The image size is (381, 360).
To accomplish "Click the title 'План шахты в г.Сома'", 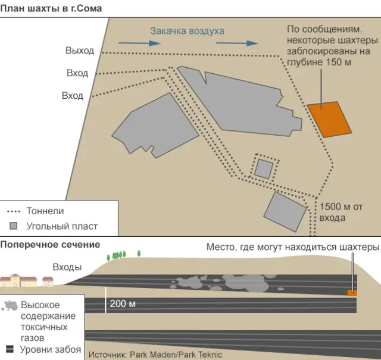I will click(x=52, y=8).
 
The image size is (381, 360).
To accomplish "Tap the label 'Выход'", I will click(x=80, y=51).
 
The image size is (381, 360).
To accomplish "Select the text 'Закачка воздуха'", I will click(x=187, y=31).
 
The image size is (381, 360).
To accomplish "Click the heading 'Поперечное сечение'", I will click(x=50, y=245).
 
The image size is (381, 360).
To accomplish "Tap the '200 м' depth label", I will click(x=123, y=304).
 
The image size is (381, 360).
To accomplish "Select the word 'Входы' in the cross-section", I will click(x=67, y=267).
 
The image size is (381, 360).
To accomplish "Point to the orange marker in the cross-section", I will click(x=352, y=292).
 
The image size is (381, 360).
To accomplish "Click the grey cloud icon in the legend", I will click(x=10, y=306).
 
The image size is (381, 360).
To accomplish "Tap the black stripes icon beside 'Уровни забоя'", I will click(x=10, y=349).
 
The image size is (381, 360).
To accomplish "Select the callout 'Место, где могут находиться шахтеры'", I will click(x=292, y=247).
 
